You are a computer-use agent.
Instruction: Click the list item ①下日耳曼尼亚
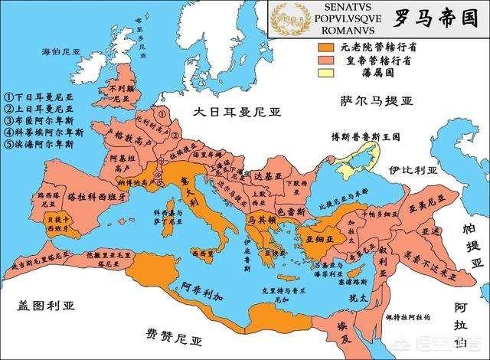[38, 97]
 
